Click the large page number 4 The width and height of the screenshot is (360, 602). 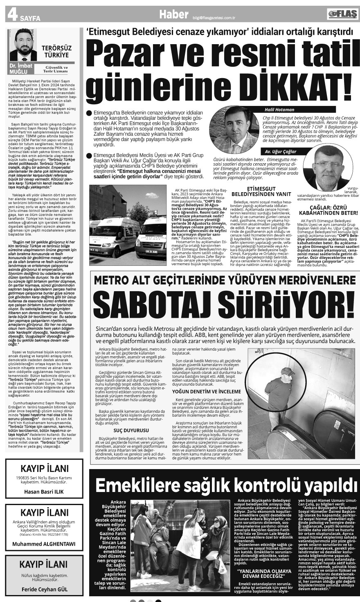(x=11, y=15)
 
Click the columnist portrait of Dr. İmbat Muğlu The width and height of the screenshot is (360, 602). (x=22, y=45)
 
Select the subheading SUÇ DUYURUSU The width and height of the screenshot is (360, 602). (x=131, y=431)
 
